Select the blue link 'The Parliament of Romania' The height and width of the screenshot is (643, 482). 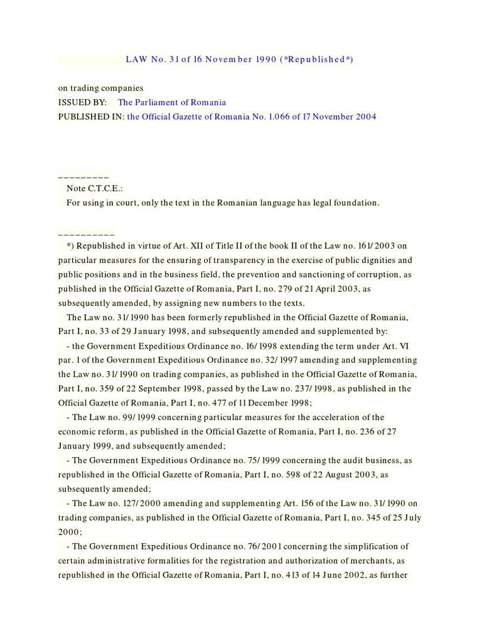tap(172, 102)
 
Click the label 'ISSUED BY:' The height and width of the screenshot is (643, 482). tap(82, 102)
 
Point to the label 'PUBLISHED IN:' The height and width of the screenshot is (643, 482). tap(91, 117)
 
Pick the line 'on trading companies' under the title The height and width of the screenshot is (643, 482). tap(101, 88)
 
